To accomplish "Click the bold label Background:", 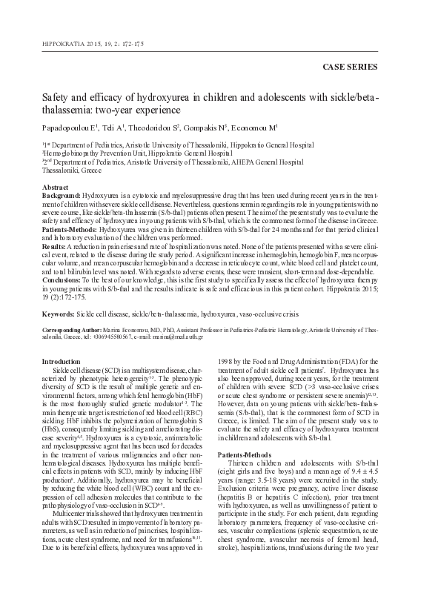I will tap(62, 196).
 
